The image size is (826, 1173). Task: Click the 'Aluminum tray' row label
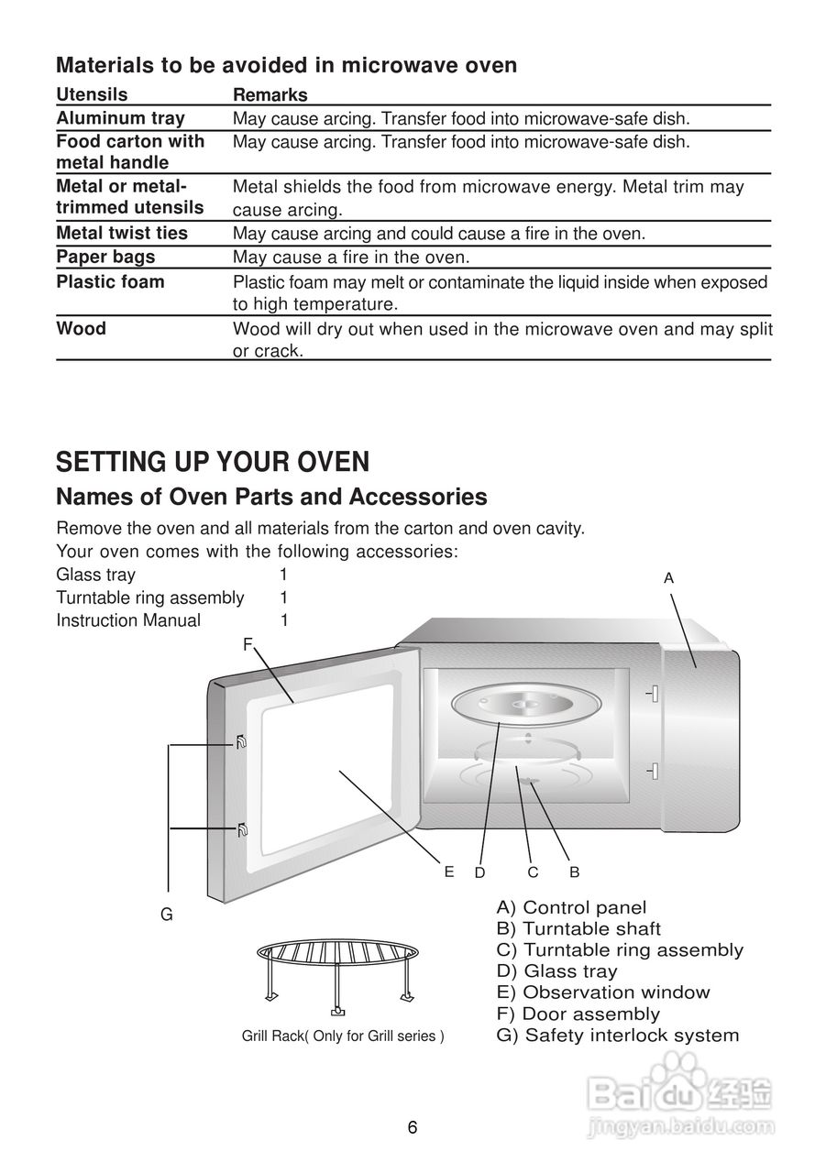tap(120, 118)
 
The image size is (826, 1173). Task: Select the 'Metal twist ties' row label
tap(122, 233)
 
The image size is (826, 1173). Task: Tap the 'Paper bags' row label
tap(105, 257)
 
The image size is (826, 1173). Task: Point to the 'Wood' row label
tap(81, 328)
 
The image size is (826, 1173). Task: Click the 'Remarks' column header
tap(270, 95)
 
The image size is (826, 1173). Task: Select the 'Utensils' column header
tap(92, 94)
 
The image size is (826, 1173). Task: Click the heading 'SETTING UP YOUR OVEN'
tap(213, 461)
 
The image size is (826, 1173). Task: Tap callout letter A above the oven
tap(668, 578)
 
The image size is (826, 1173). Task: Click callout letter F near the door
tap(247, 645)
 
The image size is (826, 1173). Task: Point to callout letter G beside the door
tap(167, 915)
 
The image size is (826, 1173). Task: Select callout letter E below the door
tap(449, 872)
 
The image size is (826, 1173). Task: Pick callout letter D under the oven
tap(479, 873)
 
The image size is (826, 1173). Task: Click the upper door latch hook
tap(241, 742)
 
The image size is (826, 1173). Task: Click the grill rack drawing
tap(336, 971)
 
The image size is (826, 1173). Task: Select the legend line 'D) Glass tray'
tap(556, 971)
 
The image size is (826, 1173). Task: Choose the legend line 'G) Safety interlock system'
tap(617, 1036)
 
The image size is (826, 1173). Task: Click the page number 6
tap(413, 1127)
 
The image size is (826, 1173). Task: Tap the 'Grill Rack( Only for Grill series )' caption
tap(343, 1036)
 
